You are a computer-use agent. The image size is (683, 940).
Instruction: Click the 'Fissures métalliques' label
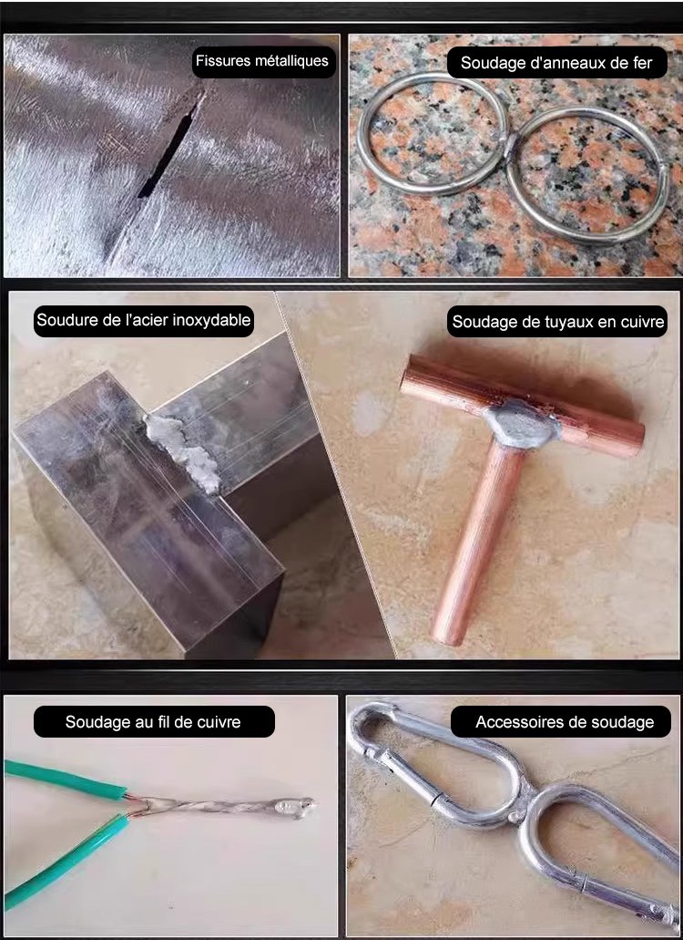[x=262, y=60]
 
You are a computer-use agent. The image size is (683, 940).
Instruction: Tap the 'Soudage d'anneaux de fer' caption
[x=556, y=63]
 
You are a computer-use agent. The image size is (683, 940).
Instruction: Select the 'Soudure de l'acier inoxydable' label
[x=144, y=320]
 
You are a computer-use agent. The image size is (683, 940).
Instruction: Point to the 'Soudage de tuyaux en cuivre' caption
[x=558, y=322]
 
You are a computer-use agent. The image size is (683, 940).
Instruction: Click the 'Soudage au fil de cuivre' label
[x=153, y=722]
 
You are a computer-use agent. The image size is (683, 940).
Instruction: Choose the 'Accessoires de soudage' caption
[x=565, y=722]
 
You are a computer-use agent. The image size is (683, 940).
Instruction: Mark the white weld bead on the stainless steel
[x=182, y=452]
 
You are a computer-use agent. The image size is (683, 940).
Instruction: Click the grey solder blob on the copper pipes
[x=521, y=424]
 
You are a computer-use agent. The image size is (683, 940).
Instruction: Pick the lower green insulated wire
[x=66, y=862]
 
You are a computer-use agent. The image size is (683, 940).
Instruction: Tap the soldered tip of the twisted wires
[x=293, y=808]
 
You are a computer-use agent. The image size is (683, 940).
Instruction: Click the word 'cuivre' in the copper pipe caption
[x=641, y=322]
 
